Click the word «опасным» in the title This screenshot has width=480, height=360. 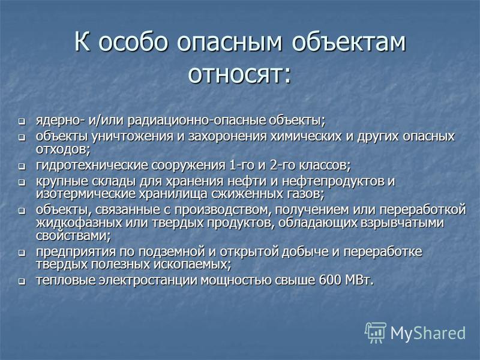(x=229, y=42)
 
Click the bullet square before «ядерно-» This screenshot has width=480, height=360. (x=22, y=122)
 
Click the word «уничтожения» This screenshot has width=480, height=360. (x=133, y=136)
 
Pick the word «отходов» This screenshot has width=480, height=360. (x=62, y=149)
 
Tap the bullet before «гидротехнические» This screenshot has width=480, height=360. (x=22, y=167)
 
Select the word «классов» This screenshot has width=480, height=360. (x=323, y=166)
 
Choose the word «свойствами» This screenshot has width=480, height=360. (x=72, y=236)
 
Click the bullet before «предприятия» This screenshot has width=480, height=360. (x=22, y=253)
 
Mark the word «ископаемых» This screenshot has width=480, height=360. (x=191, y=264)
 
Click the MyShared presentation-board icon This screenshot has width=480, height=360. (x=376, y=332)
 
